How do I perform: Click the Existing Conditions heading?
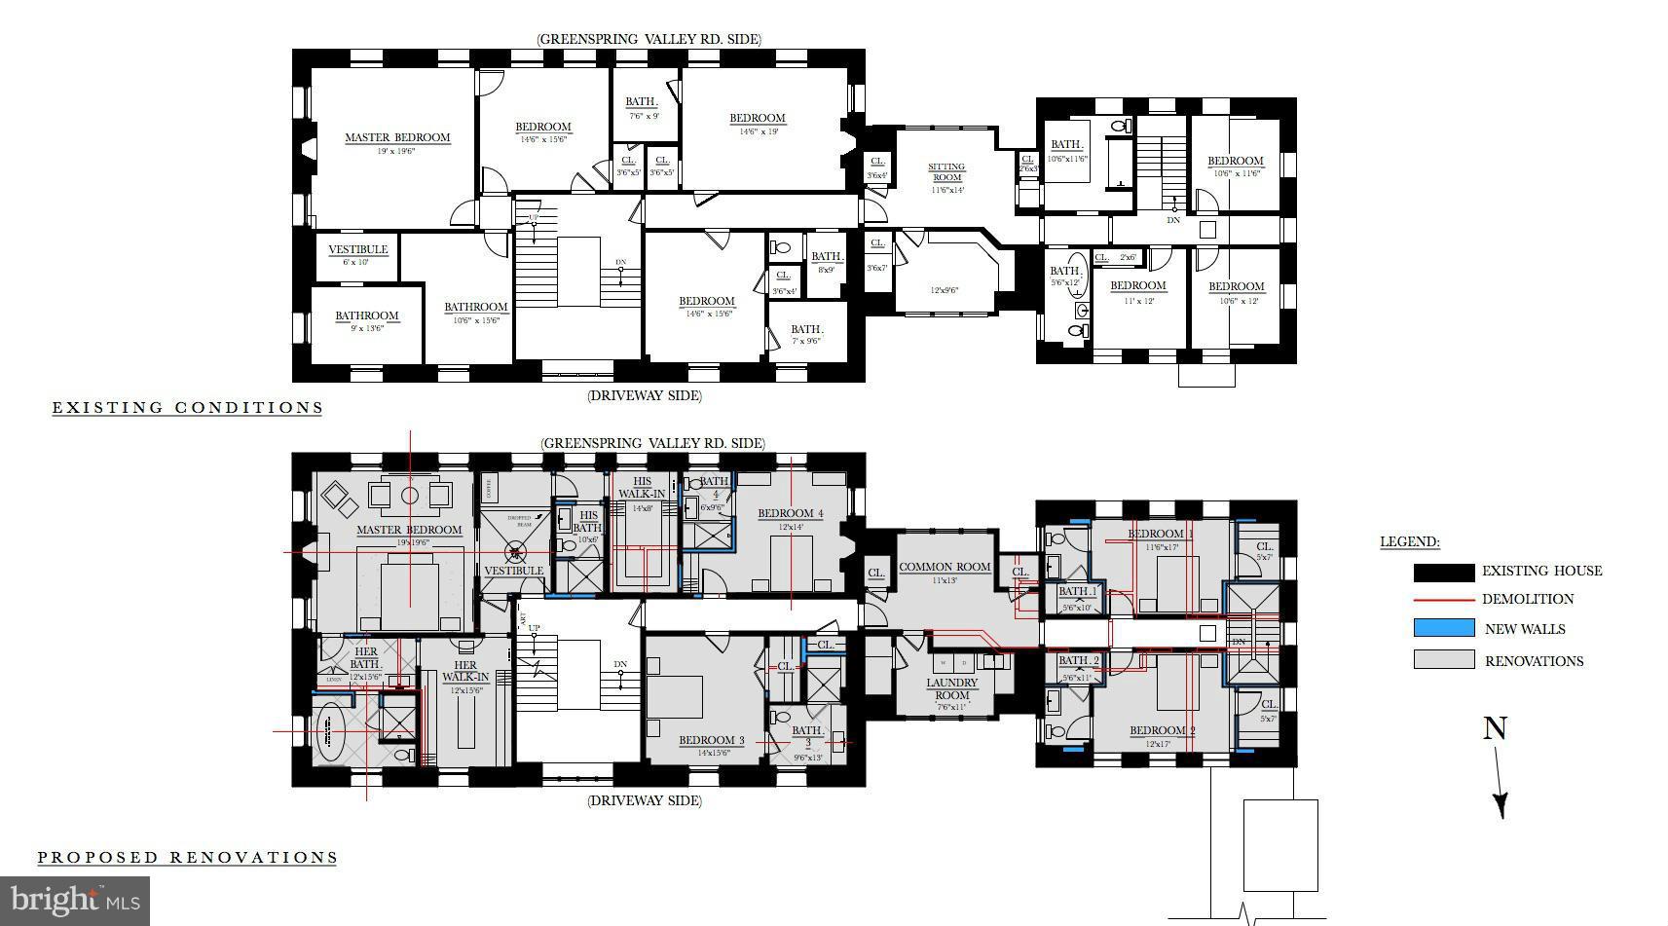187,407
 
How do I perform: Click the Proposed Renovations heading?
187,857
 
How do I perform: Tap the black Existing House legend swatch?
1443,572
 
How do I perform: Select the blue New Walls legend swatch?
1443,628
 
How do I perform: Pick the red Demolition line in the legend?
1443,600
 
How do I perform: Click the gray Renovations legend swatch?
1443,659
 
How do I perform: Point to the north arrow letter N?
1495,728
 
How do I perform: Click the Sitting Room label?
945,172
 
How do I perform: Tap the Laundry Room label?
951,688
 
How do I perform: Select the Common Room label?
944,567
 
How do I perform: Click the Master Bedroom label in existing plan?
397,137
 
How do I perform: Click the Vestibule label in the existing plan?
357,249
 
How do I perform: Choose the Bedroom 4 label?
790,513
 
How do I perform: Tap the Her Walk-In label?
465,671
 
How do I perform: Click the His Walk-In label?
642,487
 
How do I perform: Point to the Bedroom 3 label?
711,740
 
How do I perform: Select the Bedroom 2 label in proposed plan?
1162,730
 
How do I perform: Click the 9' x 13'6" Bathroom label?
367,315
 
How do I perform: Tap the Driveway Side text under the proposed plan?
644,800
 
